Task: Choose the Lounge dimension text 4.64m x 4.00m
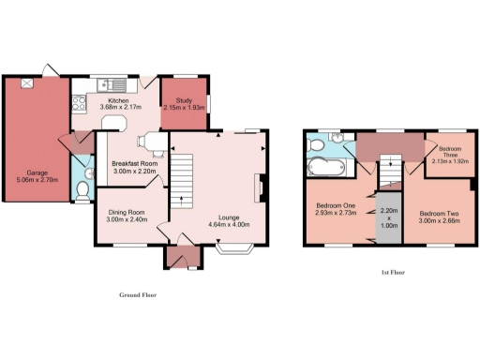click(x=228, y=224)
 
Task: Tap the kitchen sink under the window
click(x=102, y=86)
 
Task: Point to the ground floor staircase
click(x=181, y=177)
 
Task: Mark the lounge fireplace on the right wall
click(x=258, y=187)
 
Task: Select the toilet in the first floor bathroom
click(x=316, y=147)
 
